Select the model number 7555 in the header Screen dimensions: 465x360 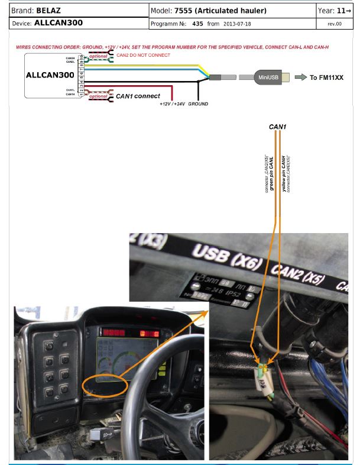point(184,11)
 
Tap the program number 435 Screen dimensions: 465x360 point(197,24)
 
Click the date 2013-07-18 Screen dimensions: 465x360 point(238,24)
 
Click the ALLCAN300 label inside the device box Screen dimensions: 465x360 point(49,76)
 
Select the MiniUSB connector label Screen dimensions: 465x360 point(265,77)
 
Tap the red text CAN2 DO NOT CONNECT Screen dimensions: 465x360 point(143,55)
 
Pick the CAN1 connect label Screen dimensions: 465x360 point(138,96)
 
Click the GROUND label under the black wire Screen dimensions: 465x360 point(198,104)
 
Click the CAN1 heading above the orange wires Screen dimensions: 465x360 point(277,127)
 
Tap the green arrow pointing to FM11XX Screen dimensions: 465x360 point(301,77)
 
